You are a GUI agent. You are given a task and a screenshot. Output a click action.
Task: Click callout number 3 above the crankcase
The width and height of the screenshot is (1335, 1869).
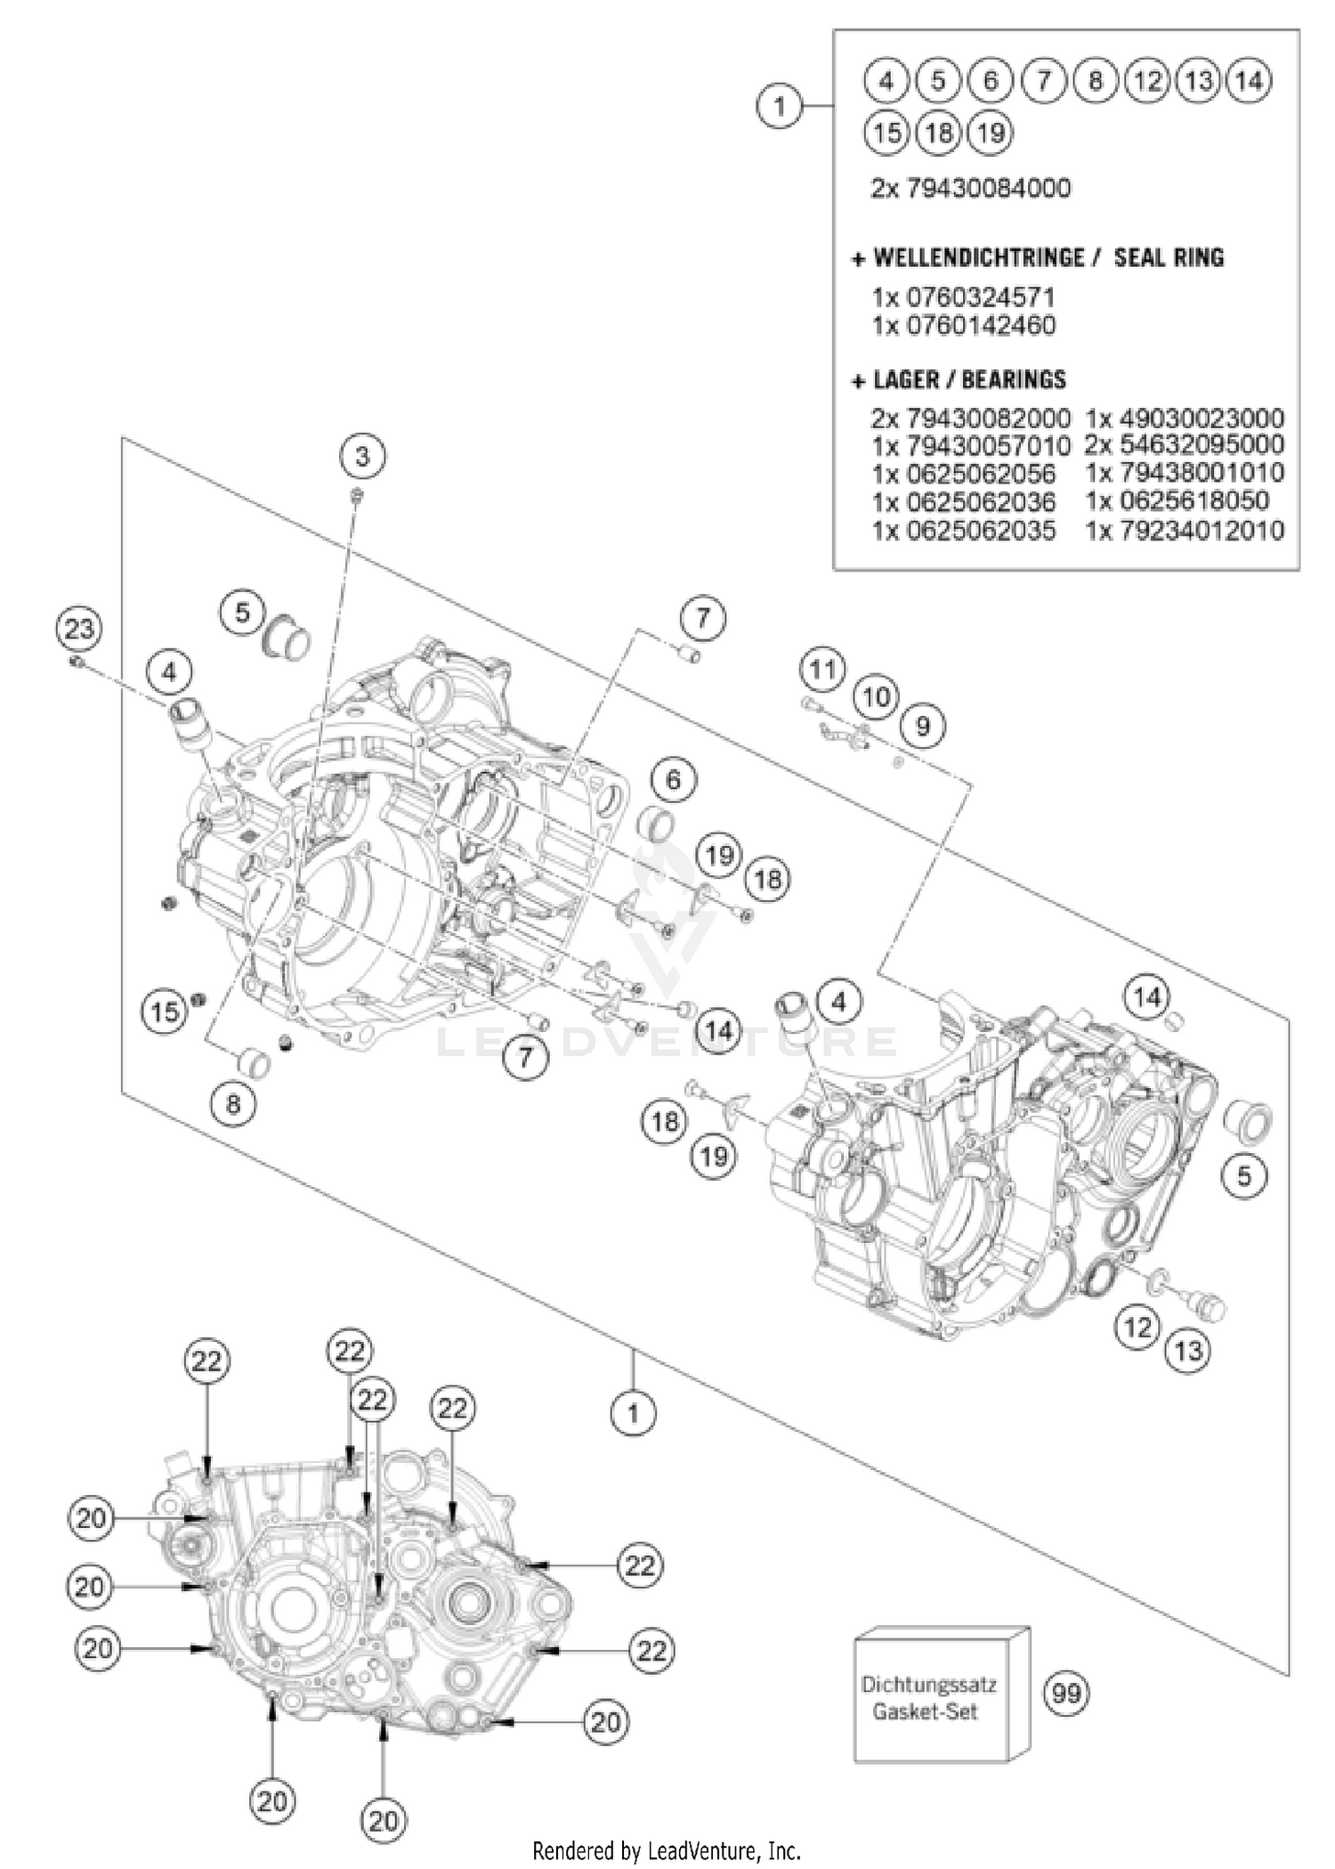361,457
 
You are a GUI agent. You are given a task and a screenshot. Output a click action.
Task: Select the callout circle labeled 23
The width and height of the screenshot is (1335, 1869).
79,630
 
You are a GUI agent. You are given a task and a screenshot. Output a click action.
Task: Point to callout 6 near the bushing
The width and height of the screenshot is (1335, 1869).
673,780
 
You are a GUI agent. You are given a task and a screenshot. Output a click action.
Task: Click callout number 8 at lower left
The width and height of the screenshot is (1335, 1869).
233,1105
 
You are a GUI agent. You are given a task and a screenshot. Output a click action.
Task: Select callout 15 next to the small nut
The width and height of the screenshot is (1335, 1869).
165,1012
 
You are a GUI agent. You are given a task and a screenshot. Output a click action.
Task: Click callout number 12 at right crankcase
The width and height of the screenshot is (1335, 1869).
1137,1328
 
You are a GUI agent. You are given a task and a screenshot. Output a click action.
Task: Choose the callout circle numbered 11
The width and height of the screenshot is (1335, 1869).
821,669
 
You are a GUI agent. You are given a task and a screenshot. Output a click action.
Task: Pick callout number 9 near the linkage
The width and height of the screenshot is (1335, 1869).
923,727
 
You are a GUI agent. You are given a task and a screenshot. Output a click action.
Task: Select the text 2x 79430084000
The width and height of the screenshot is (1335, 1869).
970,189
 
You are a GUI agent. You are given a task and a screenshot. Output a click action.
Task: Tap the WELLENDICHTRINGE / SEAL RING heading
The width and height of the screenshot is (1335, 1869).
1039,258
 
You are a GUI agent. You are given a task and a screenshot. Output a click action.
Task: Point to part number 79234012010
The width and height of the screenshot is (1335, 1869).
1185,531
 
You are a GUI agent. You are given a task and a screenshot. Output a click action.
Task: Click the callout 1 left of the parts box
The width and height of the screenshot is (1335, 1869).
780,106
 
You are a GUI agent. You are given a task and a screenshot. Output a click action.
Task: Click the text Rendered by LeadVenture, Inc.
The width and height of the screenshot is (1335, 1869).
667,1851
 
